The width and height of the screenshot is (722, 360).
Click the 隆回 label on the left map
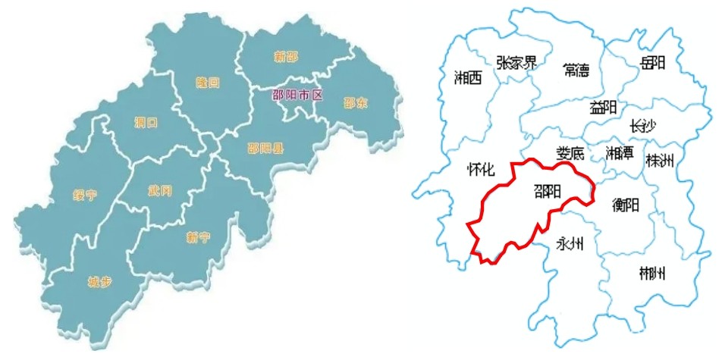click(x=208, y=82)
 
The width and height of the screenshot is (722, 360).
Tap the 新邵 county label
click(x=287, y=55)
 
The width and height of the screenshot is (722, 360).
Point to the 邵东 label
click(x=355, y=102)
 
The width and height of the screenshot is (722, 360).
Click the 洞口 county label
click(x=146, y=122)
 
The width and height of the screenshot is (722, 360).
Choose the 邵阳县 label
click(x=265, y=149)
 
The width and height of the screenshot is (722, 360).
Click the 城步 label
click(x=99, y=282)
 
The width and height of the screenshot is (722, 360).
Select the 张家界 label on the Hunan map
click(x=516, y=62)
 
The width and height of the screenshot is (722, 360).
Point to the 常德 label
click(x=582, y=70)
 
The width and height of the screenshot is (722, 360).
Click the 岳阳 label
click(x=653, y=63)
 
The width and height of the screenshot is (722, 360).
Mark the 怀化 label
click(x=482, y=171)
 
